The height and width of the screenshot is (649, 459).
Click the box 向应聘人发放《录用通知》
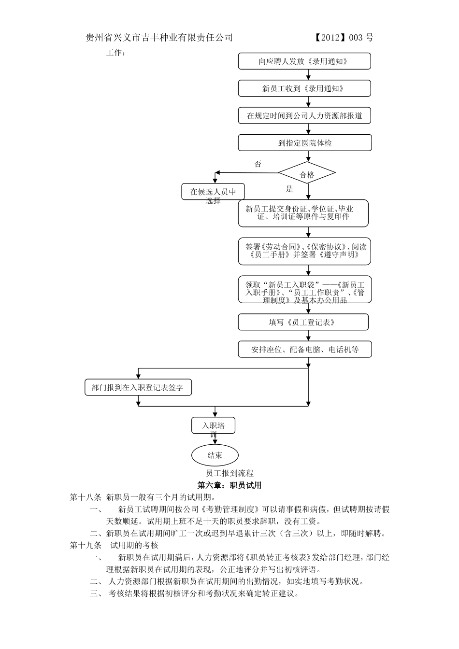(304, 61)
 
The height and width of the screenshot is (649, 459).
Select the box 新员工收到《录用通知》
(304, 88)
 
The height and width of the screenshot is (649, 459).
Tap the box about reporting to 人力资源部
(304, 116)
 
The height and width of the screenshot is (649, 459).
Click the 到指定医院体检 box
(304, 143)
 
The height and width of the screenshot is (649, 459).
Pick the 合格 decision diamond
(307, 175)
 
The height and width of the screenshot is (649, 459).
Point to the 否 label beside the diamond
(258, 164)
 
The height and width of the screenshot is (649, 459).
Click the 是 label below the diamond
(289, 189)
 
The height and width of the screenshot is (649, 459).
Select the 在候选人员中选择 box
(213, 192)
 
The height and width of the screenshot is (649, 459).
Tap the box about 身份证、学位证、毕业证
(303, 213)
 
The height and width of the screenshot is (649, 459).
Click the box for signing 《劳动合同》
(304, 251)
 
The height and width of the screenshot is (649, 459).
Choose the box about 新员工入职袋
(304, 290)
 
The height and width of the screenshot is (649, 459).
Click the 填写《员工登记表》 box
(303, 322)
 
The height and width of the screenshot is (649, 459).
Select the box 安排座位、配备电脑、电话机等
(304, 350)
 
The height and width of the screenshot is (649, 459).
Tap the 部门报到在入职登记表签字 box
(138, 387)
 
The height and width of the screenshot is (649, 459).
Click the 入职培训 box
(214, 426)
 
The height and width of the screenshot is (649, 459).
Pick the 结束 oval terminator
(215, 455)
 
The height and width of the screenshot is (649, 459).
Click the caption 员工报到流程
(229, 473)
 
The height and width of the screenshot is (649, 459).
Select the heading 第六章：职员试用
(229, 485)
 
